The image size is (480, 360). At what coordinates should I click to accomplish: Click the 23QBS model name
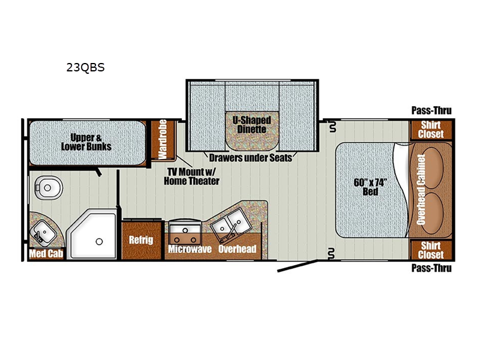[85, 67]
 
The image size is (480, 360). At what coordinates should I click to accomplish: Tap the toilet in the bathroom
[47, 187]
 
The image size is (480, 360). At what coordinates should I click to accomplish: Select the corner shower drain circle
[99, 242]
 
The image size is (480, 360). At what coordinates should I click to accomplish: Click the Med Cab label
[46, 253]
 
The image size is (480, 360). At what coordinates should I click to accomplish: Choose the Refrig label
[141, 239]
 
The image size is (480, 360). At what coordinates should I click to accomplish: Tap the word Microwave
[190, 249]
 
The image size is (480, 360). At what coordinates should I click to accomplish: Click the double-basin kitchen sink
[231, 225]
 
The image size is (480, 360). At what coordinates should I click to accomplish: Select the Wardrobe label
[162, 140]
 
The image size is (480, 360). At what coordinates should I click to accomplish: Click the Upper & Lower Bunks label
[86, 142]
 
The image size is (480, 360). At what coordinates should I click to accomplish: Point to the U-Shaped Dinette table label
[251, 125]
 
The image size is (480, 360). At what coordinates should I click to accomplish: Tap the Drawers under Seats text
[250, 158]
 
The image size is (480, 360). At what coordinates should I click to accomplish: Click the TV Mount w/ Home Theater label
[191, 176]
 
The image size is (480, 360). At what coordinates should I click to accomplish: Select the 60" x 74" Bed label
[370, 187]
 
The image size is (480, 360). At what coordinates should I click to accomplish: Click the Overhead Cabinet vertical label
[421, 190]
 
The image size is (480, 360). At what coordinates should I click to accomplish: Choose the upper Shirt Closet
[431, 130]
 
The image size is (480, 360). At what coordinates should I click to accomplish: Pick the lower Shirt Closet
[431, 250]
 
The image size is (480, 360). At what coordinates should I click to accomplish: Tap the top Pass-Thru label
[431, 110]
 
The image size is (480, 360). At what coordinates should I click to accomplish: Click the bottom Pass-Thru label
[431, 268]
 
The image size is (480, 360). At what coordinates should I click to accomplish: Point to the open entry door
[298, 266]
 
